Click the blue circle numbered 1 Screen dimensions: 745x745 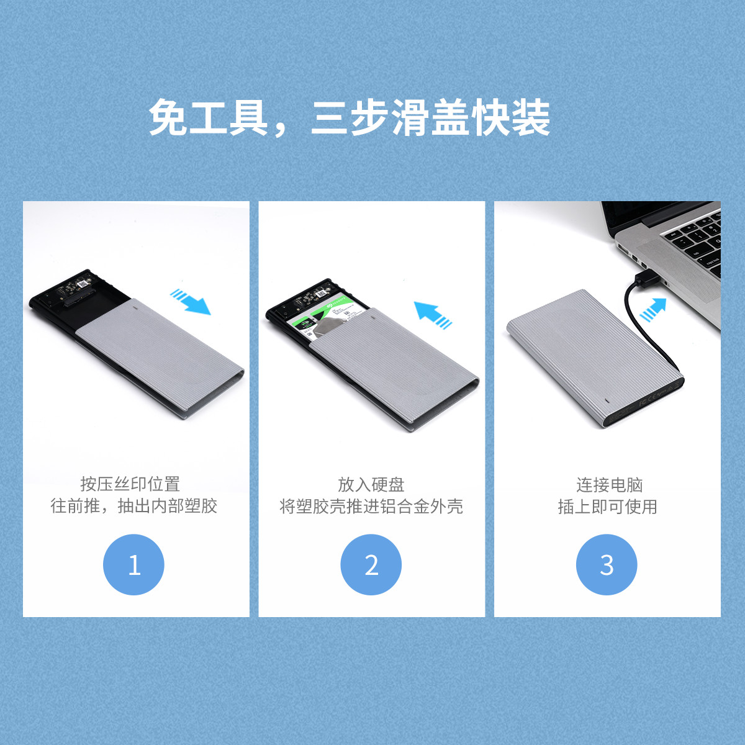(x=133, y=564)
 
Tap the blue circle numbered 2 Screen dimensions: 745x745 (x=371, y=564)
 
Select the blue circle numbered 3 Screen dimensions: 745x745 (x=607, y=564)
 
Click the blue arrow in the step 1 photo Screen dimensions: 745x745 (x=190, y=301)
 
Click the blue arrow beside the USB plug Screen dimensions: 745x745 (x=653, y=310)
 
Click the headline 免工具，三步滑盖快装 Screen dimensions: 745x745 (x=350, y=117)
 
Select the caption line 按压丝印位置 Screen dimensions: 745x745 (x=130, y=484)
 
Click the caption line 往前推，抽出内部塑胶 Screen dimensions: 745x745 (x=133, y=506)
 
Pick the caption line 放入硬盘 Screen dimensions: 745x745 (x=371, y=484)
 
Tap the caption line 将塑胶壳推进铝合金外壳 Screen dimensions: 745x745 (x=371, y=506)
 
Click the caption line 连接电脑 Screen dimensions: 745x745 (x=610, y=484)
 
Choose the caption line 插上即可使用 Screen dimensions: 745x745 (x=607, y=506)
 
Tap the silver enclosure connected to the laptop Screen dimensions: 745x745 (x=595, y=358)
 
